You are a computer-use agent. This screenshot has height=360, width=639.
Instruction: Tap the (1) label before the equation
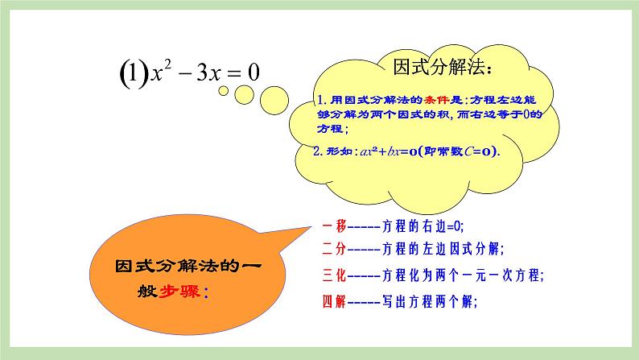click(x=128, y=74)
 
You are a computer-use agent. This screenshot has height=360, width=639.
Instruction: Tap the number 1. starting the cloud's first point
click(x=321, y=101)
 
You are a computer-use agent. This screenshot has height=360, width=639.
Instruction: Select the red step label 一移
click(x=333, y=227)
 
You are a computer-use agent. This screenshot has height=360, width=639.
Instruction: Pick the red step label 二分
click(x=333, y=249)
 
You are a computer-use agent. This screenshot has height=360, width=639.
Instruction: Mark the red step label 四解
click(x=333, y=303)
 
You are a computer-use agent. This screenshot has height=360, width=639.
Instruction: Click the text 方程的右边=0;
click(x=419, y=227)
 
